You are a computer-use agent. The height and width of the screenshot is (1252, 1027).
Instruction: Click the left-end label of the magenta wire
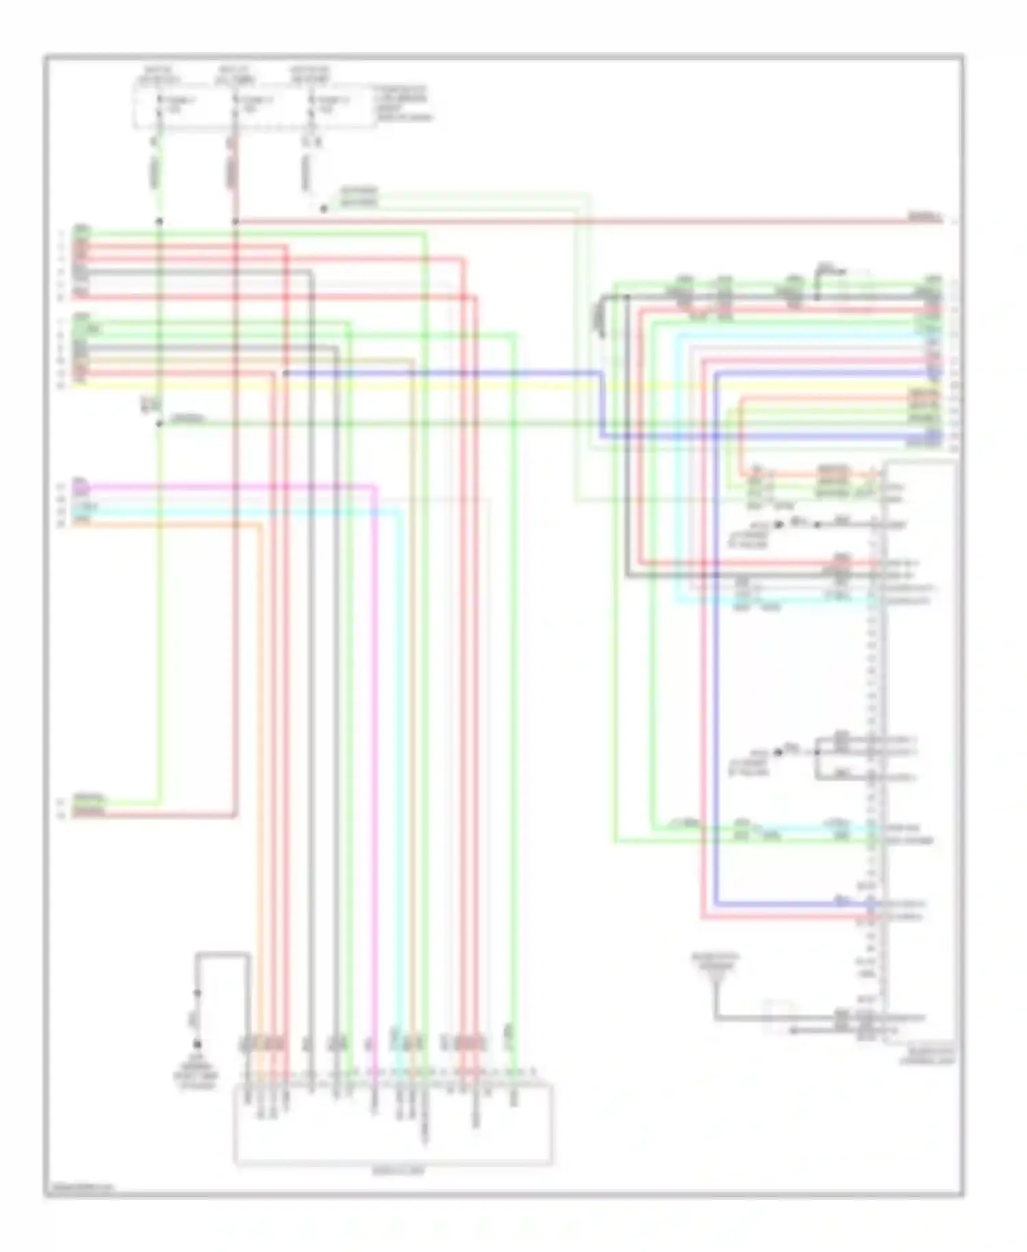(x=81, y=487)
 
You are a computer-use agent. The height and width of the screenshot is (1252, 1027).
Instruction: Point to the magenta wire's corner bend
(x=375, y=488)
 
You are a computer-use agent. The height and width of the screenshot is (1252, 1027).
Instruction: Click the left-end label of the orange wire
(x=81, y=523)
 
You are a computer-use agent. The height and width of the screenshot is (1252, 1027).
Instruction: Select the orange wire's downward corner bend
(x=260, y=526)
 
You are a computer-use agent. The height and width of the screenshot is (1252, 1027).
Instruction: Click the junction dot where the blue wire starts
(x=286, y=373)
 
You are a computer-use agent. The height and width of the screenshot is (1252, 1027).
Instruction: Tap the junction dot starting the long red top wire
(x=235, y=221)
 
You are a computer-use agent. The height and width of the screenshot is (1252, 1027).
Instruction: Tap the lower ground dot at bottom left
(x=197, y=1044)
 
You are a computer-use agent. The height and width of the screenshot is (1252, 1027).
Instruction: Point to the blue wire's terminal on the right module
(x=872, y=904)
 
